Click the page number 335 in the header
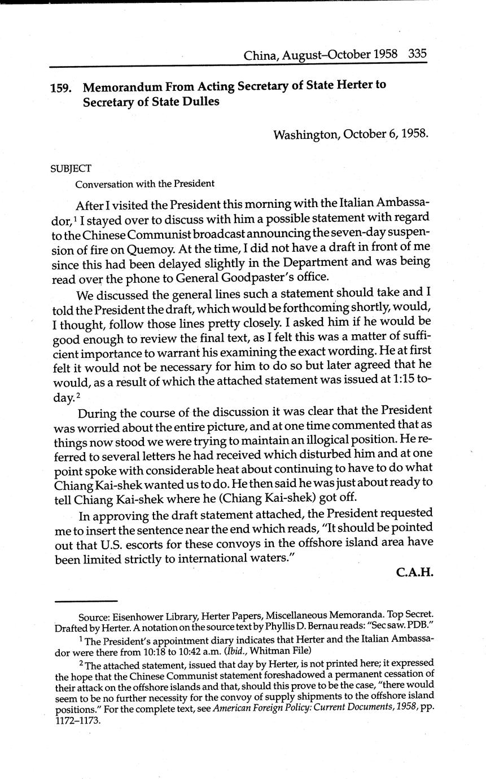(x=417, y=54)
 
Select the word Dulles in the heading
(x=200, y=103)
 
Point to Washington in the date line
(x=305, y=134)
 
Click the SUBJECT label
(x=71, y=168)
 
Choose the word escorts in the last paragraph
(x=151, y=544)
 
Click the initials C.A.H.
(x=414, y=572)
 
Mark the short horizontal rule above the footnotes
(x=86, y=601)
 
